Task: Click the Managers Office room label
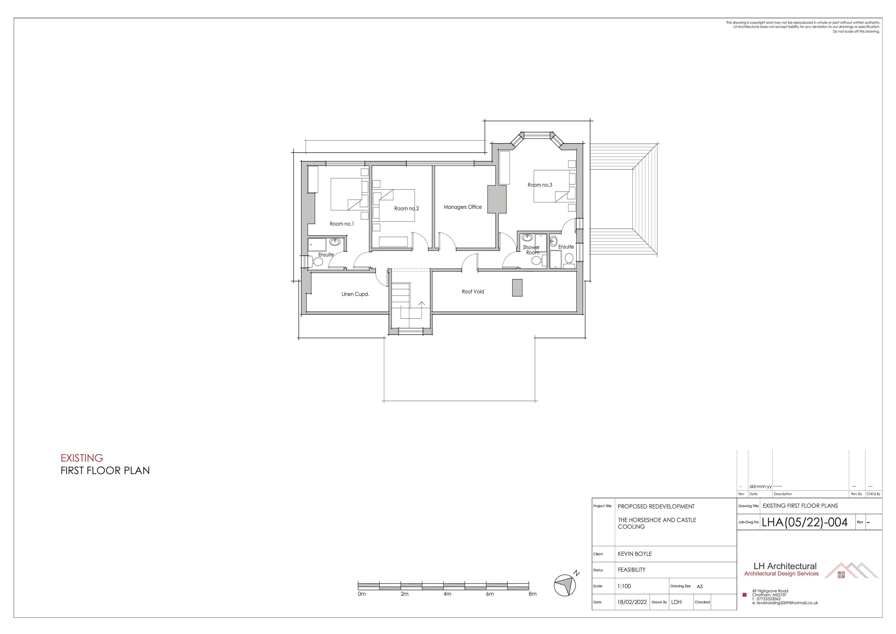tap(463, 207)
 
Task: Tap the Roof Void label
tap(473, 292)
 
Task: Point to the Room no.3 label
tap(540, 185)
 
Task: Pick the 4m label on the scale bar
tap(447, 594)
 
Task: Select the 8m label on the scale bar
tap(532, 594)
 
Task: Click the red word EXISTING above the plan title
tap(82, 458)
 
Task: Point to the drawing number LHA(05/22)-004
tap(805, 522)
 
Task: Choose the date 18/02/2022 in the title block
tap(632, 602)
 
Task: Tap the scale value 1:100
tap(624, 586)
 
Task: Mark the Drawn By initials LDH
tap(677, 602)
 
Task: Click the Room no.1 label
tap(342, 224)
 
